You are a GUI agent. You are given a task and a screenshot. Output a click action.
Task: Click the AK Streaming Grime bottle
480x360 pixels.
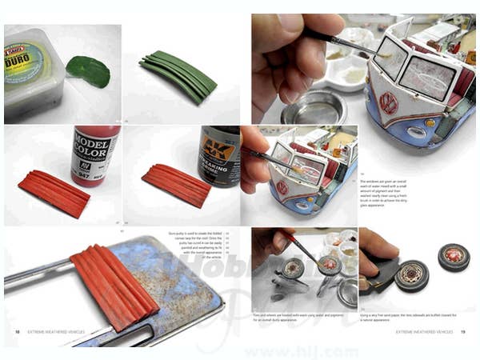click(218, 156)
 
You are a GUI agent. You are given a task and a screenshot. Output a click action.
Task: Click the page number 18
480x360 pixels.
click(17, 331)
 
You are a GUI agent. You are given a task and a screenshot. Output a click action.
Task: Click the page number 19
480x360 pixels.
click(463, 331)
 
